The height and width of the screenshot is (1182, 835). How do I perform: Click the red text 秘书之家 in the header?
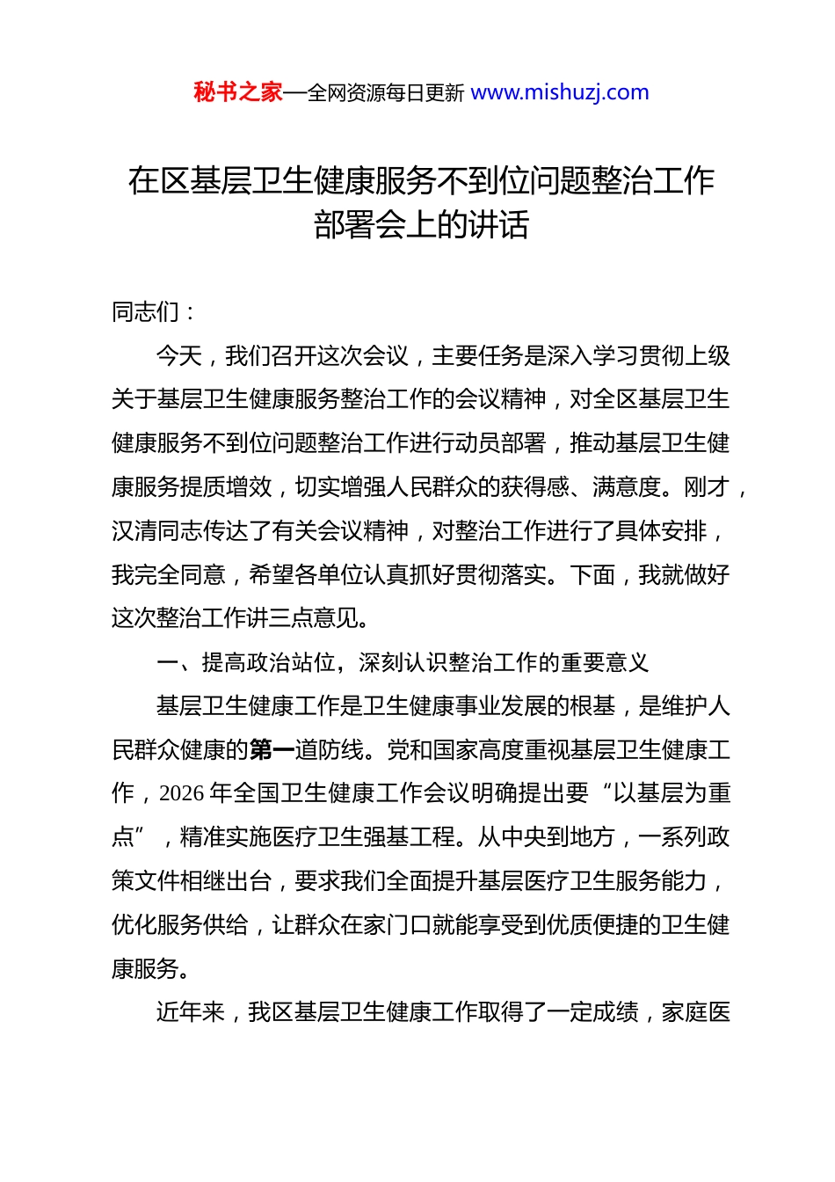(238, 92)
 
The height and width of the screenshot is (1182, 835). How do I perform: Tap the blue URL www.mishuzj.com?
(560, 92)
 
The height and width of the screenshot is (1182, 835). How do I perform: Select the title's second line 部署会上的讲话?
(421, 225)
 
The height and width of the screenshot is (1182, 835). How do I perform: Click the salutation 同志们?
(146, 311)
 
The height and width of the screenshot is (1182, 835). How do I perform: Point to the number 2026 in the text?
(182, 793)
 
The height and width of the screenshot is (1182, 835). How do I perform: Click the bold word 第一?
(272, 750)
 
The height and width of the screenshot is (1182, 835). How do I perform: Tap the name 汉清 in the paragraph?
(134, 531)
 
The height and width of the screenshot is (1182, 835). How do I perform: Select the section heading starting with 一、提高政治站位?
(402, 662)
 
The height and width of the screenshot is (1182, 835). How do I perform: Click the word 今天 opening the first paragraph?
(179, 356)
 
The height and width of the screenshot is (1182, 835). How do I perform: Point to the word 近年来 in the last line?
(191, 1012)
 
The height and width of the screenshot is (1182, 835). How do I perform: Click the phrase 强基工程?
(410, 837)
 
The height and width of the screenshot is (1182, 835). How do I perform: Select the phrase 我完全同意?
(169, 575)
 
